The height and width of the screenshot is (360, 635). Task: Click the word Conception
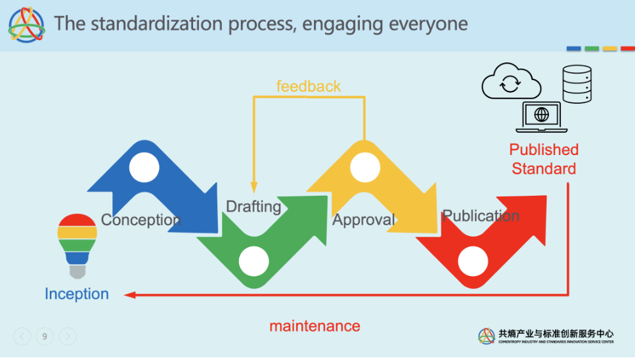point(141,219)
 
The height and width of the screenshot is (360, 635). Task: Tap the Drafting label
point(253,206)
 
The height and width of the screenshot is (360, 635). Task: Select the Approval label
point(364,219)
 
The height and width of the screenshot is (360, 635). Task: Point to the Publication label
point(481,215)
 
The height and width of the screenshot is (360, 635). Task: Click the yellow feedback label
point(308,86)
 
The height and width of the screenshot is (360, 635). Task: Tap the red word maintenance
point(315,326)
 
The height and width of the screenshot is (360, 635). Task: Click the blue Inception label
point(77,294)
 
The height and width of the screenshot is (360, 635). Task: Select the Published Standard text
point(544,159)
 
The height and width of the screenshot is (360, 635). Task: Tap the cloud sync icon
point(511,82)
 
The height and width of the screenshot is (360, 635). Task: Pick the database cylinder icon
point(577,84)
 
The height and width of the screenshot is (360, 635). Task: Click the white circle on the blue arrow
point(144,168)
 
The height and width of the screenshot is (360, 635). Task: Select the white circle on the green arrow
point(253,261)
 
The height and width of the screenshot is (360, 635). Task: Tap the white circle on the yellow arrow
point(364,168)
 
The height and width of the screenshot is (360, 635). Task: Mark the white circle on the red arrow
point(473,261)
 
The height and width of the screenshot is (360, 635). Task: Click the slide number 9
point(45,337)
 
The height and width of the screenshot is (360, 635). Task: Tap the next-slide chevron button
point(68,337)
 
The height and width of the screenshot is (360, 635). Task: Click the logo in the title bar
point(27,24)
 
